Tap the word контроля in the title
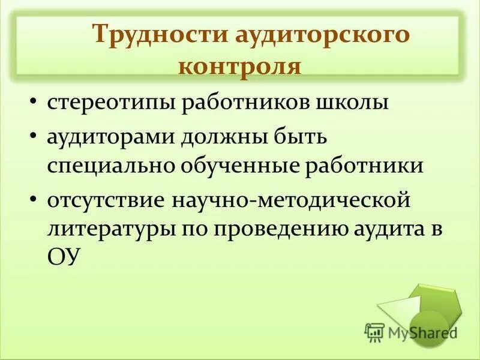tap(239, 65)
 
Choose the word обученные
tap(239, 165)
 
